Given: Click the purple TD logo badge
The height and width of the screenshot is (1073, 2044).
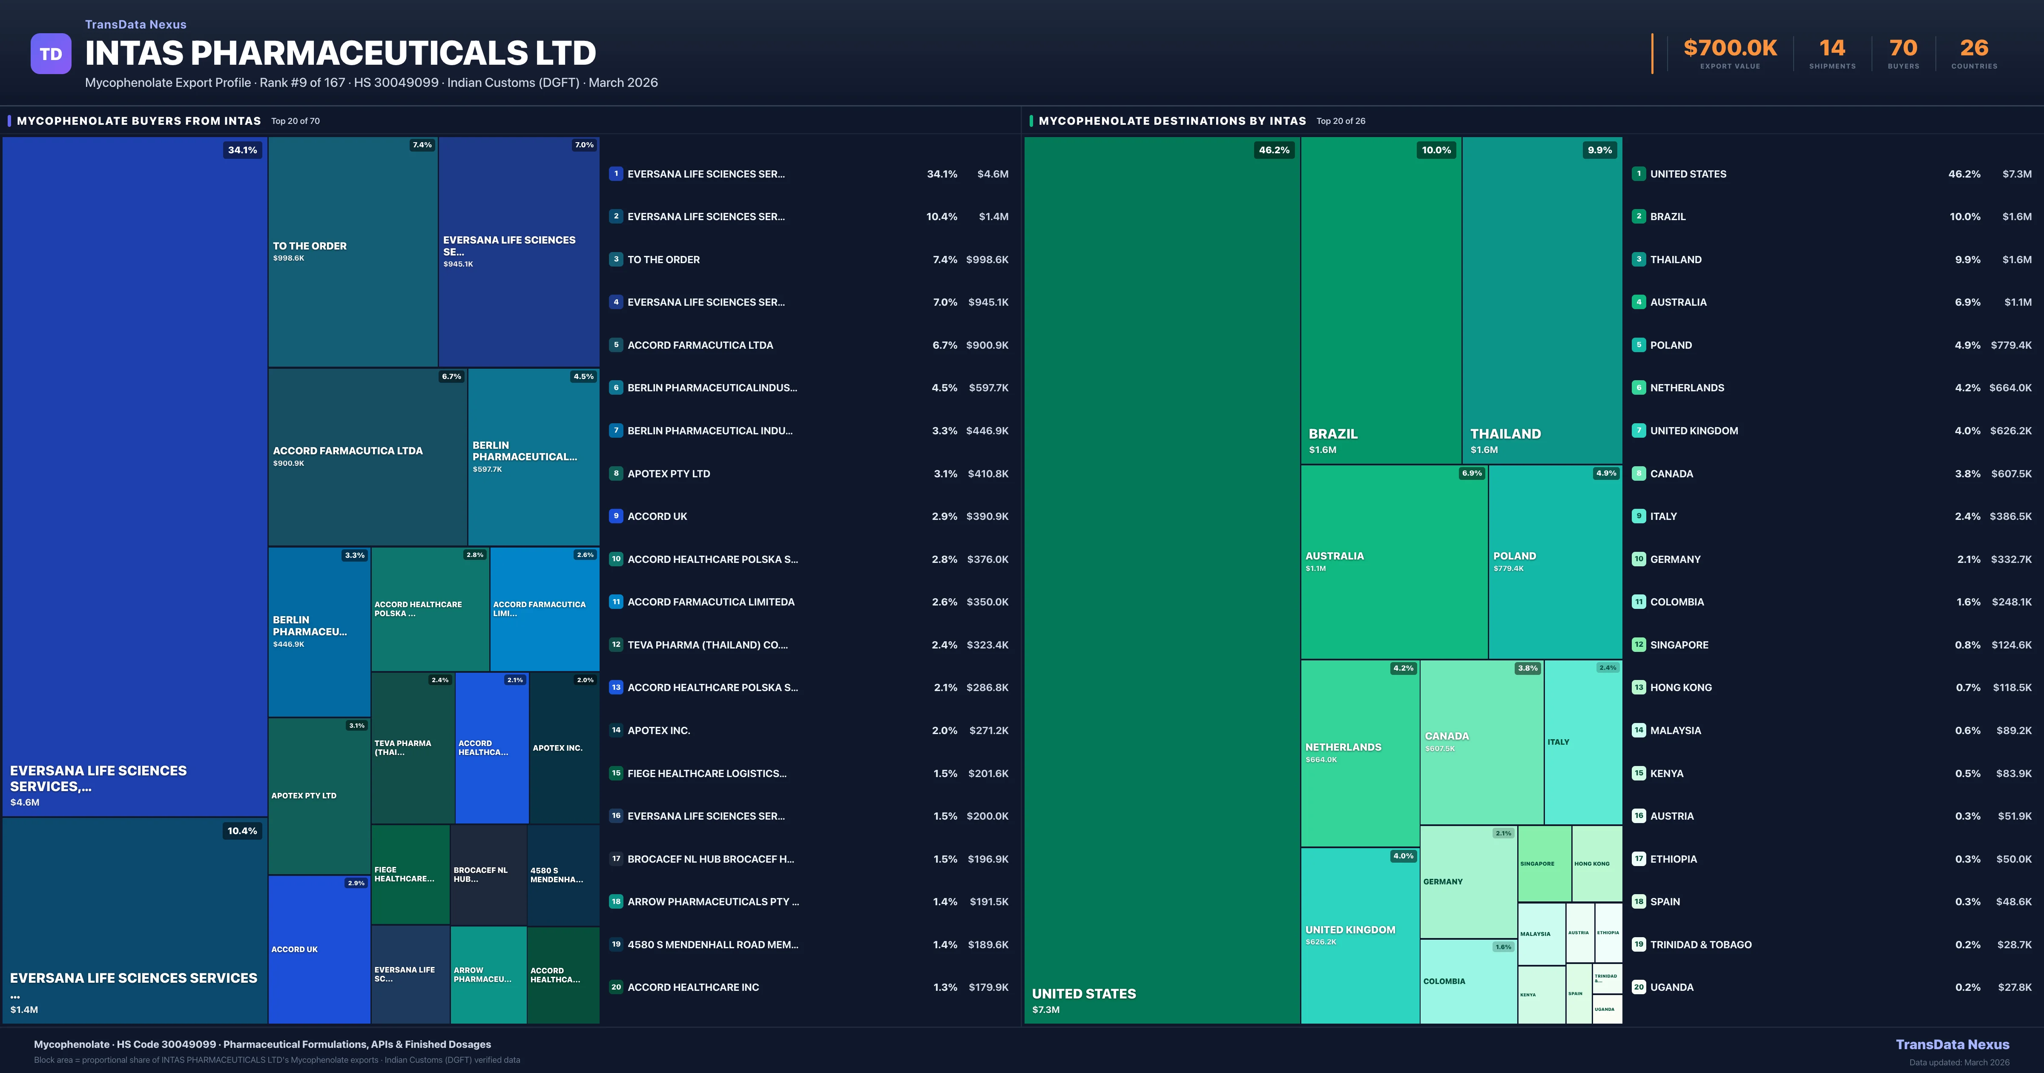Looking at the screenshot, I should pyautogui.click(x=51, y=54).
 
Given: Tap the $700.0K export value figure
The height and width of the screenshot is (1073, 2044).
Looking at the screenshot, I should pyautogui.click(x=1730, y=49).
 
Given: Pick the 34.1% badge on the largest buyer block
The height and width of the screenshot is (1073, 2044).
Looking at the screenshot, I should pyautogui.click(x=242, y=150).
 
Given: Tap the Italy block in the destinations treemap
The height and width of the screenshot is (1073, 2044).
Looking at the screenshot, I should pyautogui.click(x=1582, y=742).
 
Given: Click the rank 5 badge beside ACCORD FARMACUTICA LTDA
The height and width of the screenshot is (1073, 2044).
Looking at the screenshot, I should pyautogui.click(x=616, y=345).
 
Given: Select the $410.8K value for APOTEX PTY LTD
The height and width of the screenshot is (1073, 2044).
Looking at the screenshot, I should pyautogui.click(x=988, y=474).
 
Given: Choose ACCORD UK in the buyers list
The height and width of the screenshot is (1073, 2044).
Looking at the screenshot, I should pyautogui.click(x=657, y=516).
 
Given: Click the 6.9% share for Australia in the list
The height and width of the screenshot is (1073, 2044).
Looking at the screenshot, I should pyautogui.click(x=1967, y=302).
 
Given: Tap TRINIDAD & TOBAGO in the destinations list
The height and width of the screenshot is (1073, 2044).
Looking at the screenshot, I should pyautogui.click(x=1700, y=944).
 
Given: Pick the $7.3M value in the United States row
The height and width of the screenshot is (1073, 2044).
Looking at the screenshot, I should pyautogui.click(x=2016, y=174).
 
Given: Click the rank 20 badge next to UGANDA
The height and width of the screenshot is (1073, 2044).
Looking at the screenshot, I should pyautogui.click(x=1639, y=987).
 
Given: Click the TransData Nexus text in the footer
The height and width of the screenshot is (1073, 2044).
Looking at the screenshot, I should pyautogui.click(x=1952, y=1044).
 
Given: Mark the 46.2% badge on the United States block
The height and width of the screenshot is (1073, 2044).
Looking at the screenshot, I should pyautogui.click(x=1274, y=150).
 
